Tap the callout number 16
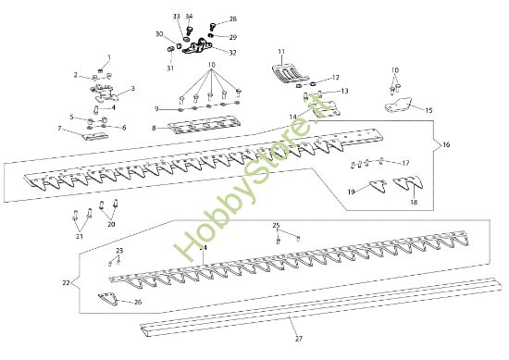(x=446, y=145)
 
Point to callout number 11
(x=281, y=50)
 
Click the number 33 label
(x=177, y=18)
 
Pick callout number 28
(x=232, y=19)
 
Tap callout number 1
(x=107, y=57)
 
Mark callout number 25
(x=276, y=226)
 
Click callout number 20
(x=111, y=224)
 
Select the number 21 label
(x=80, y=238)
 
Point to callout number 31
(x=170, y=68)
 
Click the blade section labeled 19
(x=373, y=186)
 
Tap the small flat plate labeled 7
(x=96, y=135)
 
